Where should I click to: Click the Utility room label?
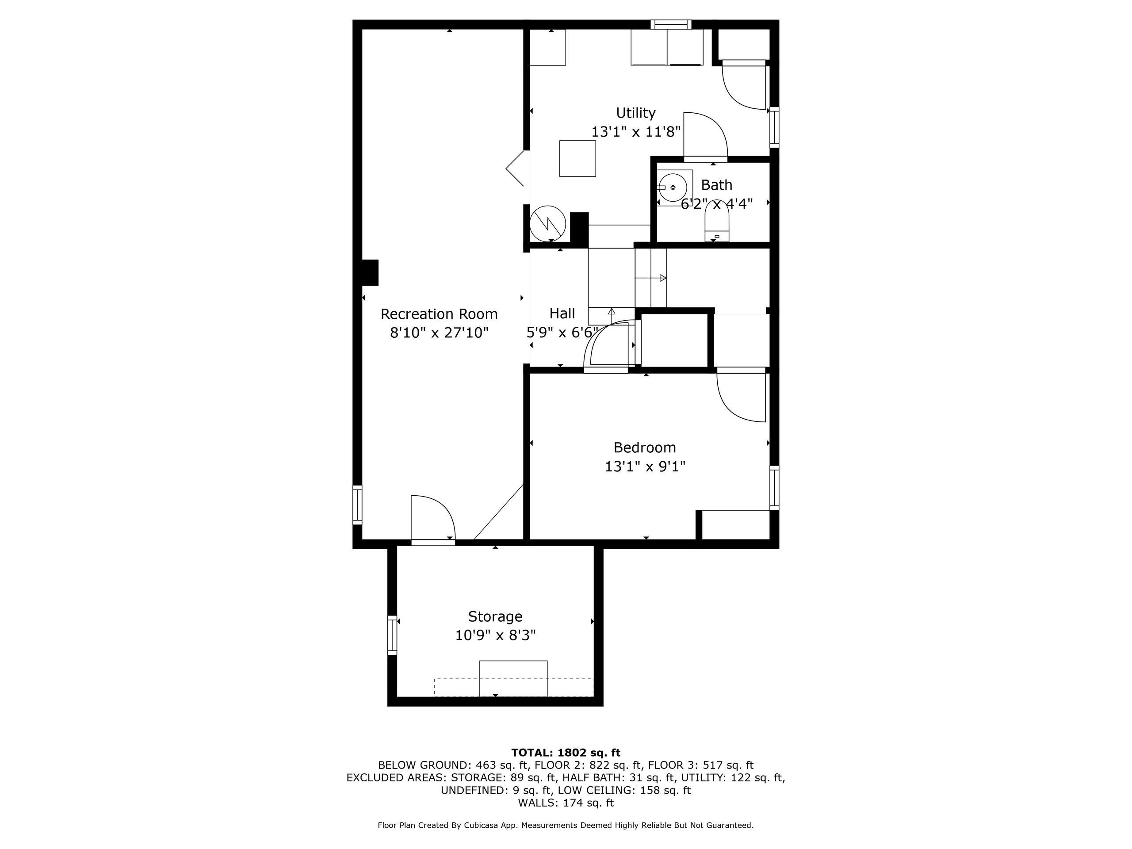point(635,113)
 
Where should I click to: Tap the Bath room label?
point(716,185)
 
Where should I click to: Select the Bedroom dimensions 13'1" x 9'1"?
point(645,467)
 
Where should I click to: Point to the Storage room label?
point(495,616)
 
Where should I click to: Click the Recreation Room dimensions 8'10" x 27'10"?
point(439,333)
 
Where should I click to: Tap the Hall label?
point(562,313)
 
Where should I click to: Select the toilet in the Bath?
point(716,222)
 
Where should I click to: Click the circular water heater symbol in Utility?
point(547,224)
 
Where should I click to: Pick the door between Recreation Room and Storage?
point(432,518)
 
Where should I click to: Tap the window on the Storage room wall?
point(392,635)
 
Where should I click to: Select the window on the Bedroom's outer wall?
point(774,488)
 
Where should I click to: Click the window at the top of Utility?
point(671,24)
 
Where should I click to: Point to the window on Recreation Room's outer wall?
point(357,505)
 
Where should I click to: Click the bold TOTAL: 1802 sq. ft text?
point(566,752)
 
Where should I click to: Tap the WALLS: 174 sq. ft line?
point(566,803)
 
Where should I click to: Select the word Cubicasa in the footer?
point(483,826)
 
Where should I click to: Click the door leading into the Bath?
point(705,137)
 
